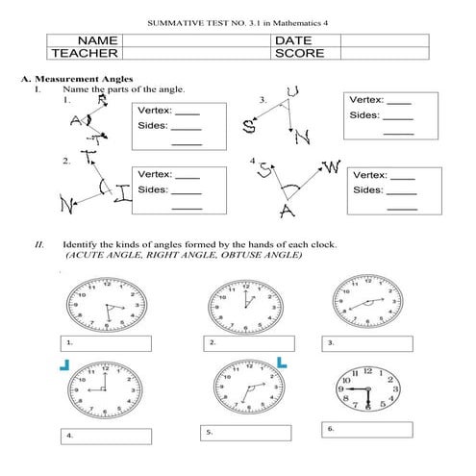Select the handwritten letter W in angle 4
coord(332,169)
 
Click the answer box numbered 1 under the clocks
coord(105,342)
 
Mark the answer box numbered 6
coord(368,427)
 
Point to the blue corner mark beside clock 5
coord(283,363)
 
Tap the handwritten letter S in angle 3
coord(248,125)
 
